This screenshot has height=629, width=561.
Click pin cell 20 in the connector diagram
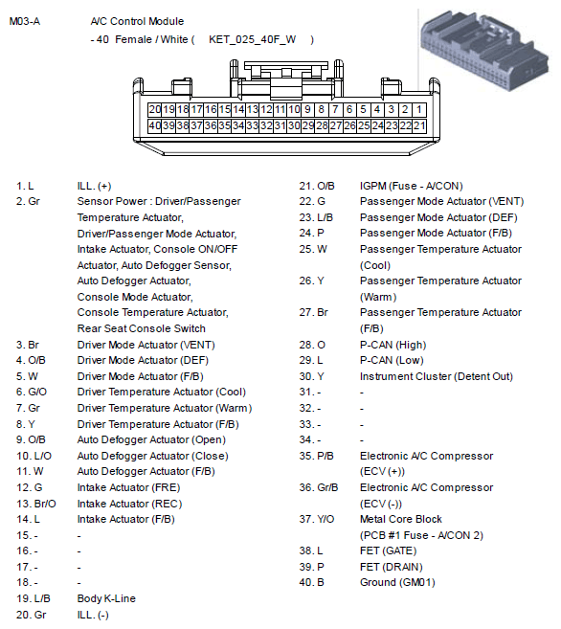155,109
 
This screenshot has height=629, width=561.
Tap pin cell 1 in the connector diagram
419,109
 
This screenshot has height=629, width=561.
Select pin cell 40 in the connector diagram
155,125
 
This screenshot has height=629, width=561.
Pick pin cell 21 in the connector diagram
419,125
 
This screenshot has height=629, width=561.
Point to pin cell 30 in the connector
294,125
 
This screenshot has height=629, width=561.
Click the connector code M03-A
25,21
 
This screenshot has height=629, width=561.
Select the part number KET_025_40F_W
252,39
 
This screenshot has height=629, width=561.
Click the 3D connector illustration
484,50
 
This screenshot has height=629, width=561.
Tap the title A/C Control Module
137,21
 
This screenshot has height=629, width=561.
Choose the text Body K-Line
106,598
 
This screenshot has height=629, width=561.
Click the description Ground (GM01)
397,582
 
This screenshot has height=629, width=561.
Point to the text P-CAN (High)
393,345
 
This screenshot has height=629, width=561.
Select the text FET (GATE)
388,550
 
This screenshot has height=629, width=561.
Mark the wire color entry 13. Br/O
36,504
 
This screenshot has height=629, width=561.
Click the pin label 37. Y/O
316,519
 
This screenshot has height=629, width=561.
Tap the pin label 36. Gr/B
319,487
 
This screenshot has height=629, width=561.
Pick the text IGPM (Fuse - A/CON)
412,186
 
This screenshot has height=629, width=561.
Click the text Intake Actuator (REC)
129,504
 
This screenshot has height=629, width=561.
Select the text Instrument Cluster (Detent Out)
437,376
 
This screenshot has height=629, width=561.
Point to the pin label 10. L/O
34,456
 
